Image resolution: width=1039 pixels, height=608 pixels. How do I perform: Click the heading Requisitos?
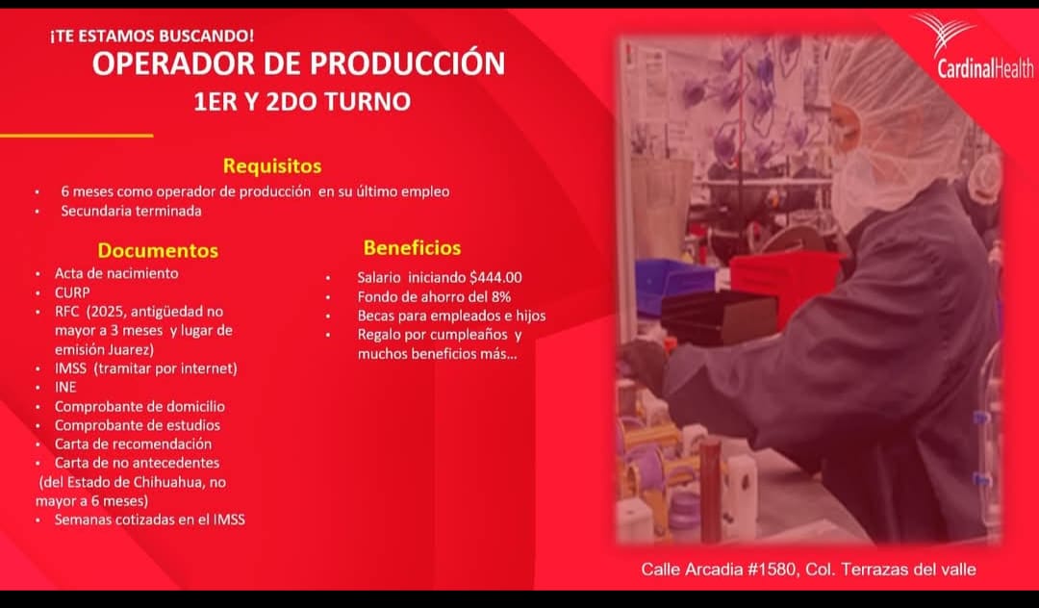[x=272, y=165]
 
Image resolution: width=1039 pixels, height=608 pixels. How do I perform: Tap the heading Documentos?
[x=158, y=250]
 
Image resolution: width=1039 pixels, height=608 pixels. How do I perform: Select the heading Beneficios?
[x=412, y=247]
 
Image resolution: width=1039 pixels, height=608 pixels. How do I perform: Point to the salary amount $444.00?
[x=495, y=277]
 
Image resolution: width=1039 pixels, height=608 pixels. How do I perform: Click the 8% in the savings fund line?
[x=501, y=296]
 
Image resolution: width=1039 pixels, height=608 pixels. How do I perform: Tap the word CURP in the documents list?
[x=72, y=292]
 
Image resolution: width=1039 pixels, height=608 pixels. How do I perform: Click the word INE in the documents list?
[x=65, y=387]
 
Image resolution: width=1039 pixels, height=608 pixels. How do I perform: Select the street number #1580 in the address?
[x=773, y=569]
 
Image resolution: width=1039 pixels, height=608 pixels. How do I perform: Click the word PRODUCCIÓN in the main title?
[x=408, y=63]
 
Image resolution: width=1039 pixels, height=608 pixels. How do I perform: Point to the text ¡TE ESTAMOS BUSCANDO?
[x=152, y=36]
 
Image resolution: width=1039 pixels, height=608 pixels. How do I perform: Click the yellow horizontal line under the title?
[x=77, y=136]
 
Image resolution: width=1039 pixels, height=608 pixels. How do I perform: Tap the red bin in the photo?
[x=785, y=282]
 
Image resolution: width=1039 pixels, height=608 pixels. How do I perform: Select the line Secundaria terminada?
[x=131, y=211]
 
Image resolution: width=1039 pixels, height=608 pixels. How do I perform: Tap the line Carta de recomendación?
[x=133, y=443]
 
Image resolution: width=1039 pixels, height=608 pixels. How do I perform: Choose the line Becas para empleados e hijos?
[x=452, y=316]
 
